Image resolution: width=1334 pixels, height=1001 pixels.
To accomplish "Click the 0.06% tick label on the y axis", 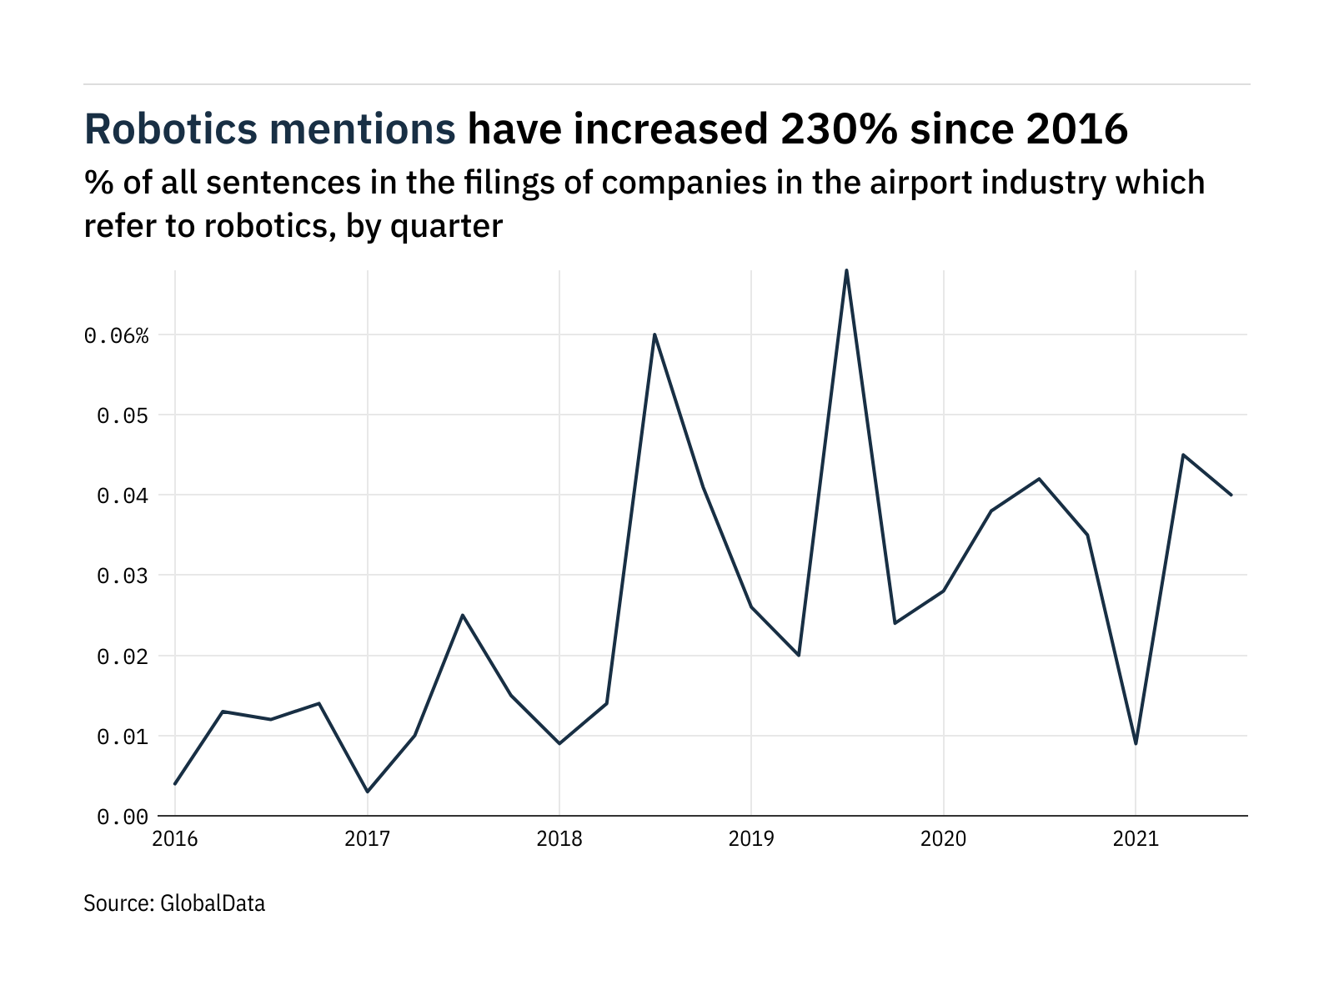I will pos(117,336).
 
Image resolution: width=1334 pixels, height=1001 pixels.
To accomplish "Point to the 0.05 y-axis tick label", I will pos(123,416).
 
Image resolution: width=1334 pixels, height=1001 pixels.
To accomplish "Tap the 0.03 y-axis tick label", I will pos(123,576).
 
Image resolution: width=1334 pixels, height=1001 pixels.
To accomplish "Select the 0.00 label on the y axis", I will pos(123,817).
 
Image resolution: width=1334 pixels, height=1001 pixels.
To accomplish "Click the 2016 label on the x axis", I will pos(175,838).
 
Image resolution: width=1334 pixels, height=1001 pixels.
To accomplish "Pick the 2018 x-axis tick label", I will pos(559,838).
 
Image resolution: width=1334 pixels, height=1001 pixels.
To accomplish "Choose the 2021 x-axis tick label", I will pos(1136,838).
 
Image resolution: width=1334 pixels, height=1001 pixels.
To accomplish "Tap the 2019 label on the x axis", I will pos(751,838).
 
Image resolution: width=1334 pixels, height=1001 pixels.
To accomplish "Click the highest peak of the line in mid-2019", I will pos(847,271).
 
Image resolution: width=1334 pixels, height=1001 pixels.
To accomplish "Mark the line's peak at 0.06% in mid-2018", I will pos(654,335).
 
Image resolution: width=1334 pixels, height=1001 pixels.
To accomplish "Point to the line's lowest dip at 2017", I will pos(367,791).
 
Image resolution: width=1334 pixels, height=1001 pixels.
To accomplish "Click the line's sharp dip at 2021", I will pos(1136,742).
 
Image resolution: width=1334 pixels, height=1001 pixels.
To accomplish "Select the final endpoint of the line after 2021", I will pos(1231,495).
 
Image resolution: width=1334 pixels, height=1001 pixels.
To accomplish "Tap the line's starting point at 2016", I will pos(175,783).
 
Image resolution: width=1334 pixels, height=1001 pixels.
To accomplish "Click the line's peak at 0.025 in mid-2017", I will pos(463,616).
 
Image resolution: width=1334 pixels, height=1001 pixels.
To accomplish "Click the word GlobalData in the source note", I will pos(213,903).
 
